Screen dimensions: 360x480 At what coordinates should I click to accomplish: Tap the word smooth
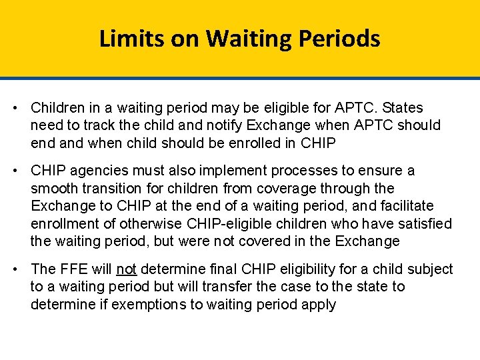[x=53, y=189]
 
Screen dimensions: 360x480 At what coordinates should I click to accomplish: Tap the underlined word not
[x=126, y=269]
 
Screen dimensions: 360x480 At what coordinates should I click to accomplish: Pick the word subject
[x=430, y=269]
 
